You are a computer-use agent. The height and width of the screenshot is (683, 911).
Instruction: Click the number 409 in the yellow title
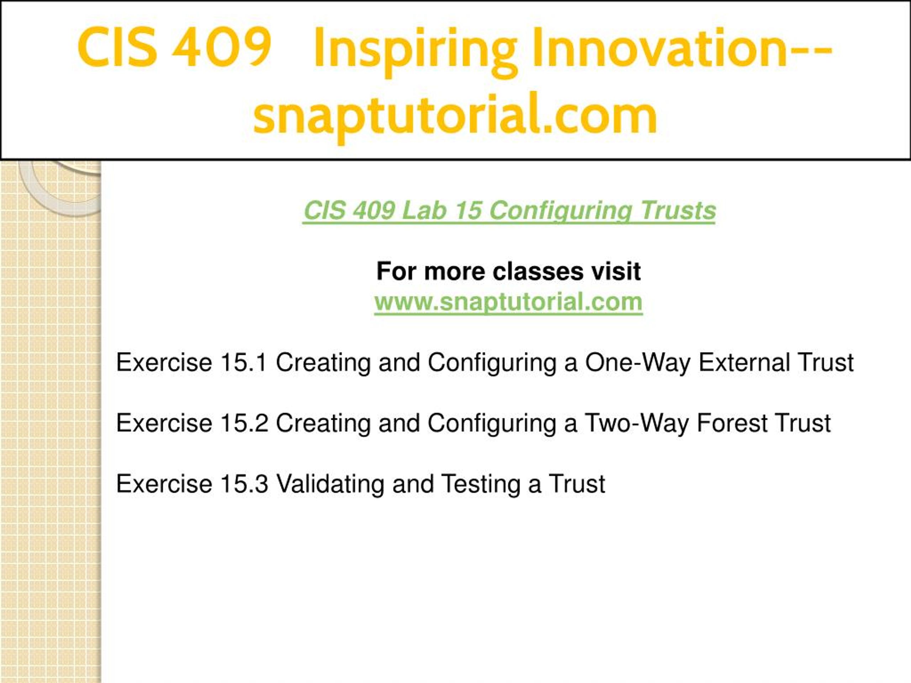click(x=222, y=47)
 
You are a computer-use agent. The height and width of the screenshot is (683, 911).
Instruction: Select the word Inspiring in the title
click(x=416, y=52)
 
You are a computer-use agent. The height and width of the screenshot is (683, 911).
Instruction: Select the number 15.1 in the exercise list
click(x=244, y=362)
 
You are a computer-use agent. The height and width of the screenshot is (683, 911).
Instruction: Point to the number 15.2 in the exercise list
click(x=244, y=423)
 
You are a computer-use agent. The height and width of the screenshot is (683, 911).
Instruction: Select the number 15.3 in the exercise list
click(x=244, y=483)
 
